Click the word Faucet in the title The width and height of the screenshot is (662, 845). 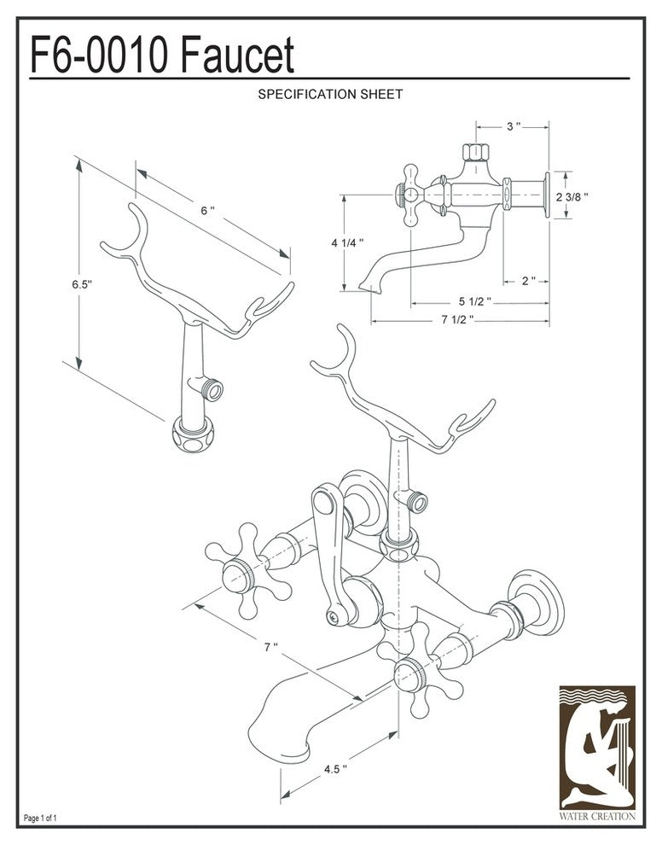pyautogui.click(x=238, y=56)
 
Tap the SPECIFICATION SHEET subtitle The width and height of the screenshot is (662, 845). pyautogui.click(x=330, y=94)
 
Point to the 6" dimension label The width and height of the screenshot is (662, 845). pyautogui.click(x=207, y=211)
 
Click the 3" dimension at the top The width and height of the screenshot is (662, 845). pyautogui.click(x=513, y=126)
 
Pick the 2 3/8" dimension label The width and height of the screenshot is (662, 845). pyautogui.click(x=572, y=196)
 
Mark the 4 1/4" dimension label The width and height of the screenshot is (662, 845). pyautogui.click(x=347, y=243)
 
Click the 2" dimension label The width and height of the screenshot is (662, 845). pyautogui.click(x=529, y=281)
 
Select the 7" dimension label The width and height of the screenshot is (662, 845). pyautogui.click(x=270, y=648)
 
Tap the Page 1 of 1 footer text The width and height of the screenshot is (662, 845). pyautogui.click(x=41, y=819)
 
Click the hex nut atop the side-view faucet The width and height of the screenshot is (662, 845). pyautogui.click(x=474, y=153)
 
